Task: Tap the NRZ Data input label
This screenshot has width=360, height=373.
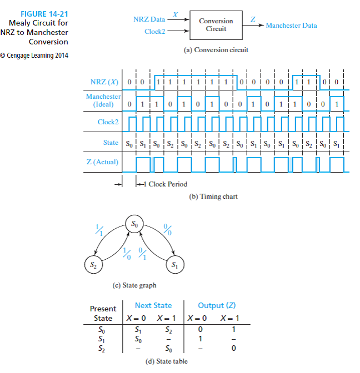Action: pos(149,19)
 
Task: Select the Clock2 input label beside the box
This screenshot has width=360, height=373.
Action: pos(155,32)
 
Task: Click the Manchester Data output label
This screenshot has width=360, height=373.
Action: pos(291,26)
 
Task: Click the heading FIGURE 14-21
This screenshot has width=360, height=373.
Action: pos(44,14)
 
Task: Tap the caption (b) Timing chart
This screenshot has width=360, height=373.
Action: pos(213,196)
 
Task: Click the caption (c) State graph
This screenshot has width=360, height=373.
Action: pos(134,285)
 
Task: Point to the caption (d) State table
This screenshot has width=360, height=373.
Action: pos(167,361)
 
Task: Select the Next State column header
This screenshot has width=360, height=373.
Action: pos(153,305)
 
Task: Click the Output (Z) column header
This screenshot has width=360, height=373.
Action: pos(217,305)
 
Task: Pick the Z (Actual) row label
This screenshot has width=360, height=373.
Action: pos(102,162)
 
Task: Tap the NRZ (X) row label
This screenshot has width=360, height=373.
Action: pos(104,82)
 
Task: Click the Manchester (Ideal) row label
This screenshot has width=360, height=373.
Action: pos(103,100)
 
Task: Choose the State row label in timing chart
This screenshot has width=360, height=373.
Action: pos(111,143)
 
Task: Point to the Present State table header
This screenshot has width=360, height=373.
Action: pos(103,313)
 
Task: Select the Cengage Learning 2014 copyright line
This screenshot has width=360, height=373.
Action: pos(34,56)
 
